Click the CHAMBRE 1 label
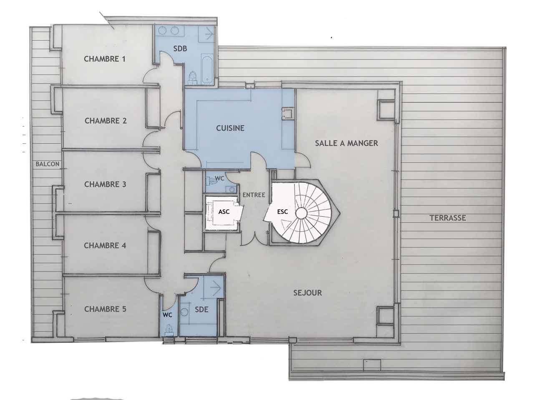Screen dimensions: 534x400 click(105, 59)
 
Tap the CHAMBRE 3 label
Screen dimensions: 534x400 click(105, 184)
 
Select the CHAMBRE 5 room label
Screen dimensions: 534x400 click(105, 309)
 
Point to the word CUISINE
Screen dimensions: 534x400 click(230, 128)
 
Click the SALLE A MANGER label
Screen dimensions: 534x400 click(346, 143)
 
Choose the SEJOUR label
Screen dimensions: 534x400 click(307, 293)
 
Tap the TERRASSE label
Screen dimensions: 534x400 click(448, 218)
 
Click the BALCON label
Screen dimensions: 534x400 click(48, 164)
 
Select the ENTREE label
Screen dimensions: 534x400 click(254, 195)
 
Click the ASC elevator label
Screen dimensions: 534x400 click(224, 212)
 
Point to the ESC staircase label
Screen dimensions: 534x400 click(282, 212)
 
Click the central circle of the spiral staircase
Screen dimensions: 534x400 click(301, 213)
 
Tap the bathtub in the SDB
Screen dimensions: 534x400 click(207, 70)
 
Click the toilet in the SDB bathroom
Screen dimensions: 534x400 click(193, 77)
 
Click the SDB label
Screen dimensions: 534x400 click(180, 49)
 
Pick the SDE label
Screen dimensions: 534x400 click(202, 310)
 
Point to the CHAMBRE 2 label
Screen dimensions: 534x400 click(106, 121)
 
